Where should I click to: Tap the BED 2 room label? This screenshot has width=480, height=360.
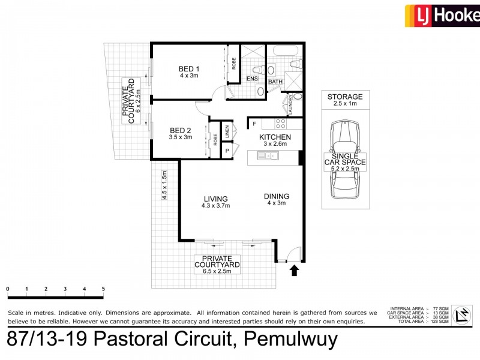[x=180, y=130]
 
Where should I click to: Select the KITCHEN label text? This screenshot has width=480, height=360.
[x=275, y=137]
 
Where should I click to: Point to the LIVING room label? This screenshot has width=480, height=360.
[x=215, y=199]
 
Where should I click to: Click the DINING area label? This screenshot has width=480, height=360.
[x=276, y=196]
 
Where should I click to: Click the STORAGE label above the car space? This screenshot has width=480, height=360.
[x=345, y=97]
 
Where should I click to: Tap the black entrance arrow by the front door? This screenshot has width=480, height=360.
[x=294, y=271]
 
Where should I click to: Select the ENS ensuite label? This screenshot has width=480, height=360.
[x=252, y=79]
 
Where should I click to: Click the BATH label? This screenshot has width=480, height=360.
[x=275, y=82]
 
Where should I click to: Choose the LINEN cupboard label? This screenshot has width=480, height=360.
[x=227, y=132]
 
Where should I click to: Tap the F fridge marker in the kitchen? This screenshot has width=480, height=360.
[x=254, y=124]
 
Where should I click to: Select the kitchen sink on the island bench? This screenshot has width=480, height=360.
[x=266, y=157]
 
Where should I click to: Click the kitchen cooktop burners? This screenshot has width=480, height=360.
[x=280, y=124]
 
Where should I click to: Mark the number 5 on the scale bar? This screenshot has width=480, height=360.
[x=103, y=289]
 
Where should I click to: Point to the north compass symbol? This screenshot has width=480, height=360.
[x=461, y=314]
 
